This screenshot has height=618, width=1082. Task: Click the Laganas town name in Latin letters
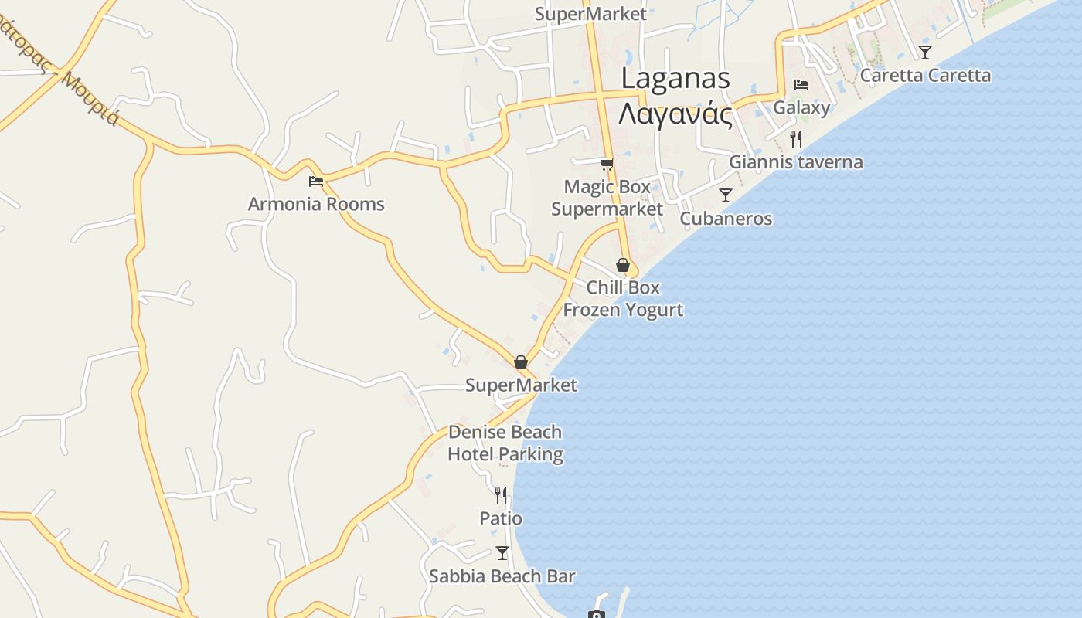pos(675,78)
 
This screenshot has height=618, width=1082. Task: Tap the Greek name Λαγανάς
pos(675,114)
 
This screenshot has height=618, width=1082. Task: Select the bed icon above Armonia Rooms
pos(316,182)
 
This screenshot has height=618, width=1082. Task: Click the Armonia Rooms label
pos(316,204)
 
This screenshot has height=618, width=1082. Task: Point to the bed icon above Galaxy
pos(801,84)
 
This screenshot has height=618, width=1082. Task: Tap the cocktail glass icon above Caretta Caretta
pos(925,53)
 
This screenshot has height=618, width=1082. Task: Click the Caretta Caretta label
pos(925,76)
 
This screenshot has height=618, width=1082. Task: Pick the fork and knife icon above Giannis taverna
pos(796,139)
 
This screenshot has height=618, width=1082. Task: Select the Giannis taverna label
pos(796,162)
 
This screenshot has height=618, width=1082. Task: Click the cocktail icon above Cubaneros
pos(725,195)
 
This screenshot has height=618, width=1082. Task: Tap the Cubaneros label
pos(726,219)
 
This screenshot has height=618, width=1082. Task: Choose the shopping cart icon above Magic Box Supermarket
pos(607,164)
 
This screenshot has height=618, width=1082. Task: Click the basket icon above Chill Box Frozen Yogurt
pos(623,265)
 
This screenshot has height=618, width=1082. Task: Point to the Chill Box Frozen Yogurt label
pos(623,298)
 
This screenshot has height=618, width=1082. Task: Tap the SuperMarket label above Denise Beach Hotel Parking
pos(521,385)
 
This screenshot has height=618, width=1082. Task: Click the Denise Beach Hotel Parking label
pos(505,443)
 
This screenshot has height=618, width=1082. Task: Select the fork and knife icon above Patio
pos(501,495)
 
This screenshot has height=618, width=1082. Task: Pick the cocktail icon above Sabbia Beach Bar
pos(502,552)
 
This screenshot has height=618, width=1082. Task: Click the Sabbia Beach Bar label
pos(502,576)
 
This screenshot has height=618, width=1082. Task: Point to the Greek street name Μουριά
pos(91,98)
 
